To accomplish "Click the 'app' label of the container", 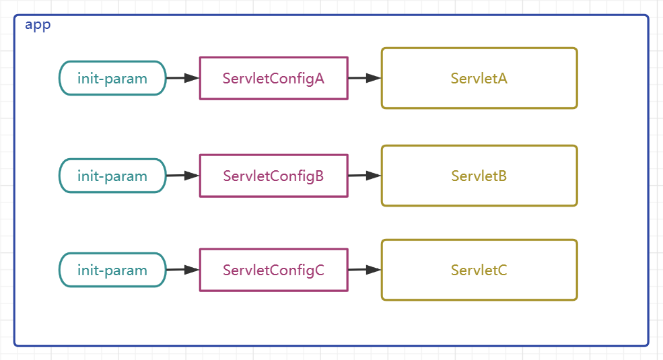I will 38,26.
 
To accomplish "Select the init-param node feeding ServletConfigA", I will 112,78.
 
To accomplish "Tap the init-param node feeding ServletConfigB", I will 112,176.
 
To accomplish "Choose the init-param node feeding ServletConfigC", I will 112,271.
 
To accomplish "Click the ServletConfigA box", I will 273,78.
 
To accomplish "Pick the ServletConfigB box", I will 273,176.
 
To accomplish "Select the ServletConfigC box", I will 273,271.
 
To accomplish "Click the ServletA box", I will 479,78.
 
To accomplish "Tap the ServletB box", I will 479,176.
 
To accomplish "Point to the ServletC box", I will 479,271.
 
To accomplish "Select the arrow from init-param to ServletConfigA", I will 182,78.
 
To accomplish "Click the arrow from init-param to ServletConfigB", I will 182,176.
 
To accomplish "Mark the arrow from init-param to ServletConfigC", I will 182,270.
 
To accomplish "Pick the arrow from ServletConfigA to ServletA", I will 364,78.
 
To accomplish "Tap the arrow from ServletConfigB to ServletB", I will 364,176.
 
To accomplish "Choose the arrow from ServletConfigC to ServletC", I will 364,270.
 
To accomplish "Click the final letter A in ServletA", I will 502,79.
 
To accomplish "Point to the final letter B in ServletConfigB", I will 320,176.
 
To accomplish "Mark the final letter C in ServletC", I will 502,271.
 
